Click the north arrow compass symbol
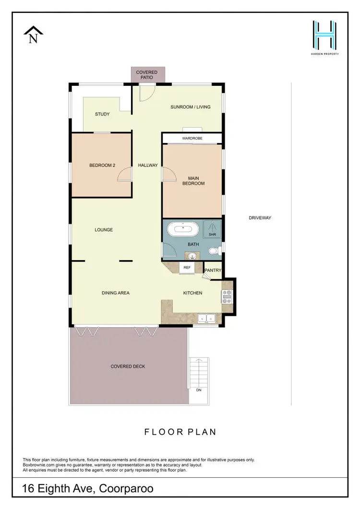[x=33, y=35]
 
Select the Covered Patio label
[x=146, y=75]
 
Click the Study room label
[x=102, y=114]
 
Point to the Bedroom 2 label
[x=102, y=166]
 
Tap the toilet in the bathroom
[x=216, y=250]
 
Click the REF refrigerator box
[x=187, y=268]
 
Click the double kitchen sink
[x=207, y=318]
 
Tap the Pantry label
[x=213, y=271]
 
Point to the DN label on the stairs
[x=199, y=390]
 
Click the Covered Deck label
[x=128, y=367]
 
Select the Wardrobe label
[x=192, y=138]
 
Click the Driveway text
[x=260, y=218]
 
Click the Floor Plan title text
[x=180, y=432]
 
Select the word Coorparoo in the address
[x=126, y=490]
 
